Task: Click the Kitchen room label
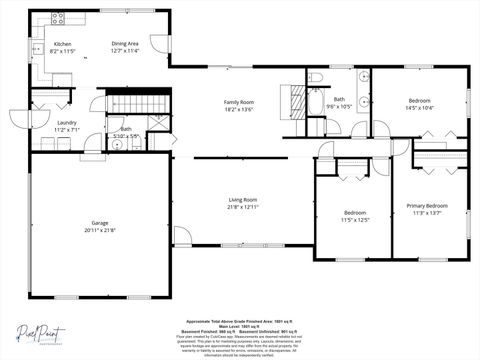pos(62,44)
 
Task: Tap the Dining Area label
pos(125,44)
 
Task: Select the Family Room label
pos(238,103)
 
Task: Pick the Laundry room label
pos(66,123)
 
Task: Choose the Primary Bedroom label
pos(427,206)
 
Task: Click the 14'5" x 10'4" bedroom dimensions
pos(420,107)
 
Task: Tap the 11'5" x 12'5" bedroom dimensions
pos(356,219)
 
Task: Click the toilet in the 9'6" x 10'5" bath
pos(315,77)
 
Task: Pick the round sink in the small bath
pos(116,146)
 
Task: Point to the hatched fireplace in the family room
pos(293,101)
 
